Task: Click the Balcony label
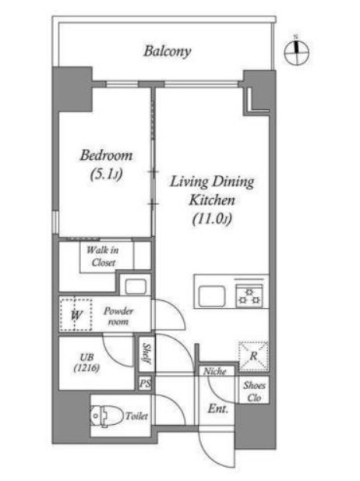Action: tap(167, 51)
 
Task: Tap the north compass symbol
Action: tap(297, 51)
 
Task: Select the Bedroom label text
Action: tap(106, 156)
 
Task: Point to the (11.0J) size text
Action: tap(212, 219)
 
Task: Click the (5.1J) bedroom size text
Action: tap(106, 175)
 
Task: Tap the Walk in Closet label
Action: tap(103, 256)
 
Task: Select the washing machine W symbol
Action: tap(76, 314)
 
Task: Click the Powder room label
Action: tap(118, 317)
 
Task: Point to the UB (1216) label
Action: tap(86, 363)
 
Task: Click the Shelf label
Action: tap(146, 354)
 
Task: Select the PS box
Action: tap(145, 384)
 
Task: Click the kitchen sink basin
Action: tap(212, 295)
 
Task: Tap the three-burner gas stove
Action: tap(249, 295)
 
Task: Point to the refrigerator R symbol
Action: tap(253, 356)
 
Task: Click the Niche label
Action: tap(214, 372)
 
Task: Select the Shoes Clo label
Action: tap(254, 391)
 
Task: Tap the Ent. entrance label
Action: tap(218, 408)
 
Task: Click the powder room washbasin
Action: tap(136, 287)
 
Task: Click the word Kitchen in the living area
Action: tap(212, 200)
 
